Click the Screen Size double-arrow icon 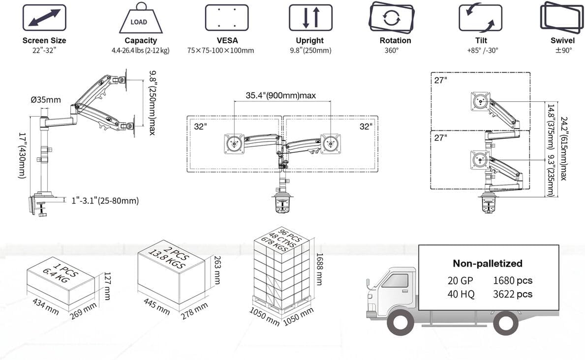(44, 18)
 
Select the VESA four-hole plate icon (227, 18)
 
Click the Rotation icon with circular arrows (391, 18)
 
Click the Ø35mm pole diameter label (45, 100)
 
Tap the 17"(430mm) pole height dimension (23, 155)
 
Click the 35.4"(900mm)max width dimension (281, 95)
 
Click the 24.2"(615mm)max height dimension (562, 149)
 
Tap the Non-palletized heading (487, 264)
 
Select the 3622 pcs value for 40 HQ (512, 294)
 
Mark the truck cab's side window (395, 280)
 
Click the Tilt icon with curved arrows (480, 18)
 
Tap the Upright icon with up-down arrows (310, 18)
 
